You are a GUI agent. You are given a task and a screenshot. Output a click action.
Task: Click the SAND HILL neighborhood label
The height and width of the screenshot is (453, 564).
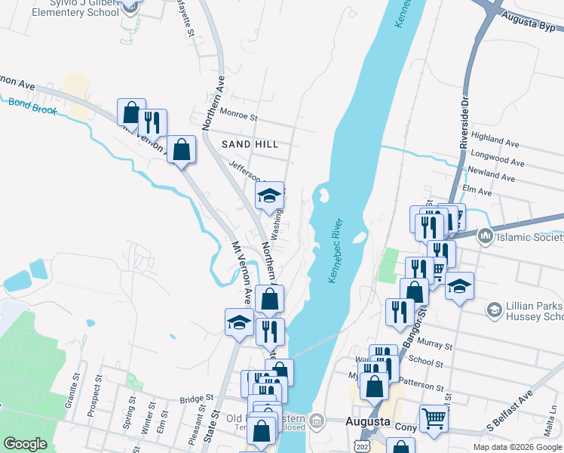pos(250,143)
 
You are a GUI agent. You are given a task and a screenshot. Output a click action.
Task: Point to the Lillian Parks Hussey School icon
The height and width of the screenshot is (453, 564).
pos(494,310)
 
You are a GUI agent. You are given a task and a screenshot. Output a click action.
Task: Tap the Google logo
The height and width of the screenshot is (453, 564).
pos(26,444)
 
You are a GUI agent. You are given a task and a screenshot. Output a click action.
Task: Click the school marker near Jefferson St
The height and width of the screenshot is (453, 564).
pos(269,196)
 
